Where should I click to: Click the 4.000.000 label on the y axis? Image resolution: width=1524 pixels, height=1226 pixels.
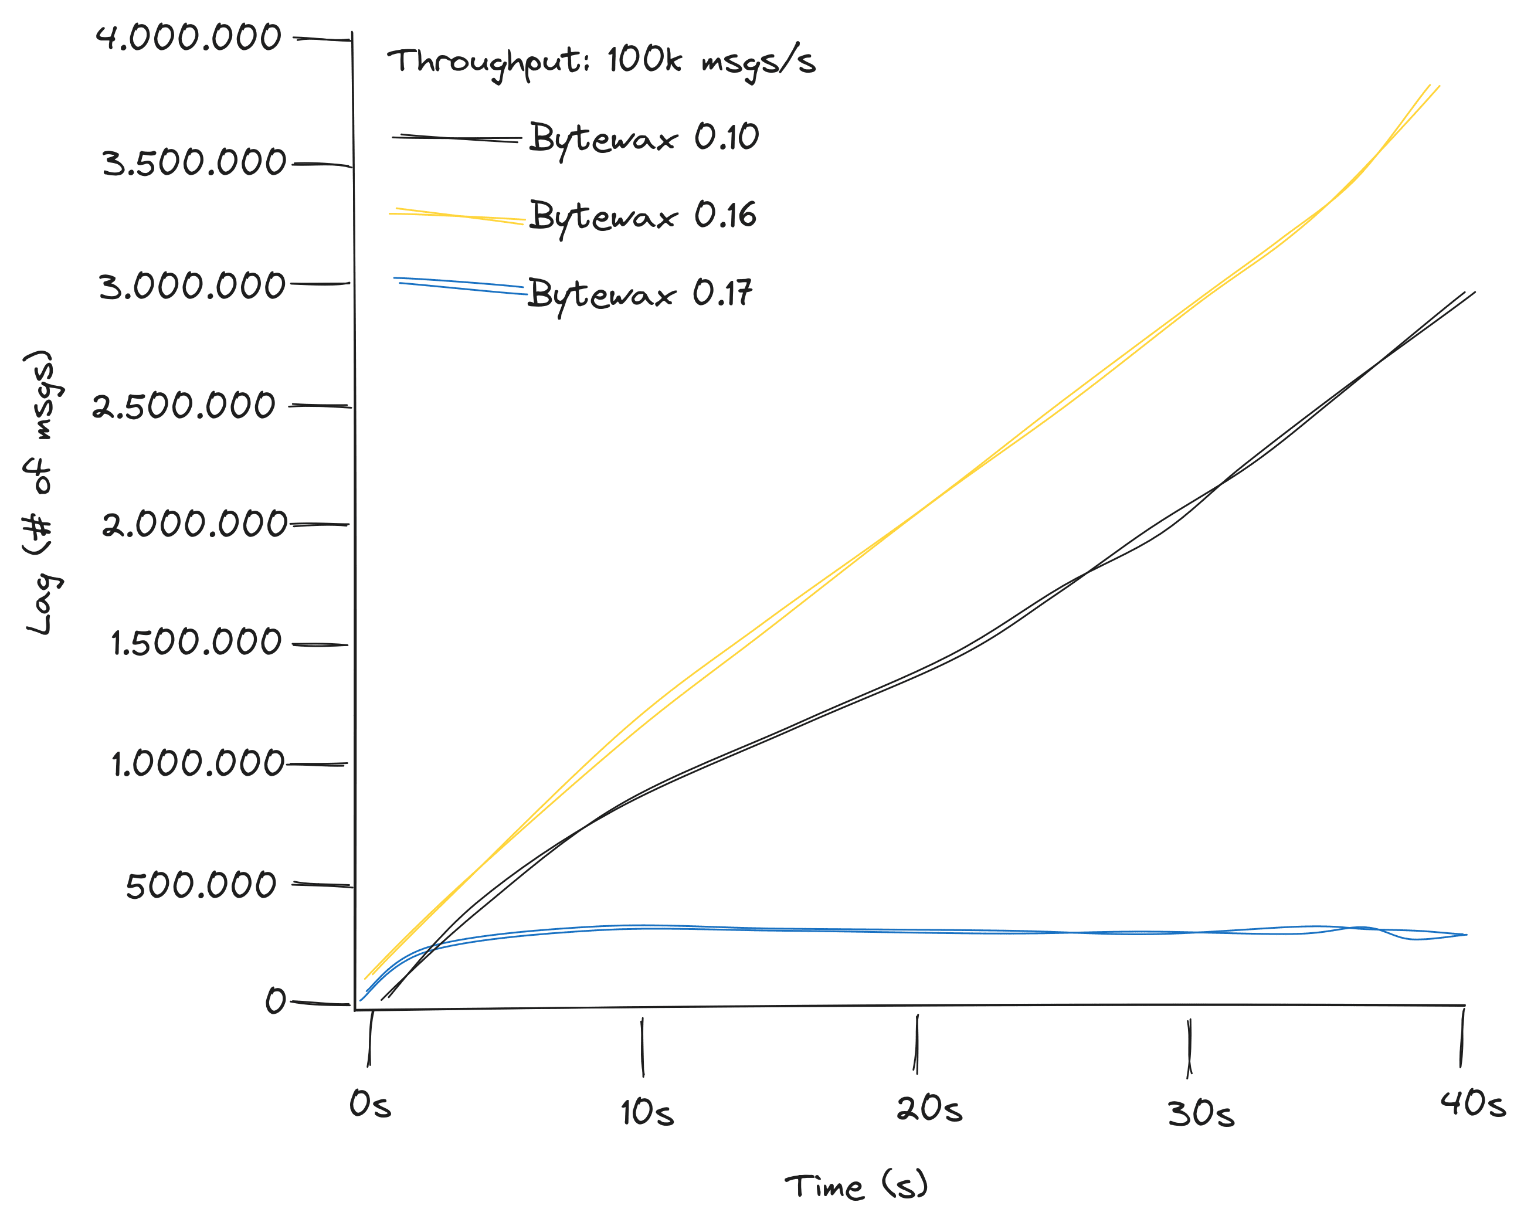[189, 38]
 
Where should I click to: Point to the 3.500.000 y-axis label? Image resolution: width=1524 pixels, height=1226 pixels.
[194, 163]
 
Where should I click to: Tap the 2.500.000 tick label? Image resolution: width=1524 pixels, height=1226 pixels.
[183, 406]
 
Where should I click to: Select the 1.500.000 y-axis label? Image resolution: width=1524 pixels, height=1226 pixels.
[196, 643]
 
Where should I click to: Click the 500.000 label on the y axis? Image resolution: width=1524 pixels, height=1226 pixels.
[201, 885]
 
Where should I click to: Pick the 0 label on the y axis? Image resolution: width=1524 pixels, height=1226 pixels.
[275, 1001]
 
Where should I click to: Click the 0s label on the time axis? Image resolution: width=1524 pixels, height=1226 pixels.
[369, 1105]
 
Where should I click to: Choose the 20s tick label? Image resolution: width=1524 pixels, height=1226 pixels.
[929, 1109]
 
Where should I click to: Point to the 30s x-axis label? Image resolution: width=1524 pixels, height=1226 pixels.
[1200, 1115]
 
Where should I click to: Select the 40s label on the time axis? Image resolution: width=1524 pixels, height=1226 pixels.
[1474, 1105]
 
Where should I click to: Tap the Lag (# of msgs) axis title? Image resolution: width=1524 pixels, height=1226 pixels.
[44, 493]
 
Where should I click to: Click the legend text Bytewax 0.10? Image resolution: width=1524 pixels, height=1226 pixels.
[644, 138]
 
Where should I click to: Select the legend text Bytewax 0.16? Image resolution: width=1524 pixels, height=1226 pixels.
[643, 216]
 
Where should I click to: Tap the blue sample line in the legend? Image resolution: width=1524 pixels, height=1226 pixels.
[460, 286]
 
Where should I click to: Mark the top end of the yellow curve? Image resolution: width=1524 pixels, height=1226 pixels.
[1434, 86]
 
